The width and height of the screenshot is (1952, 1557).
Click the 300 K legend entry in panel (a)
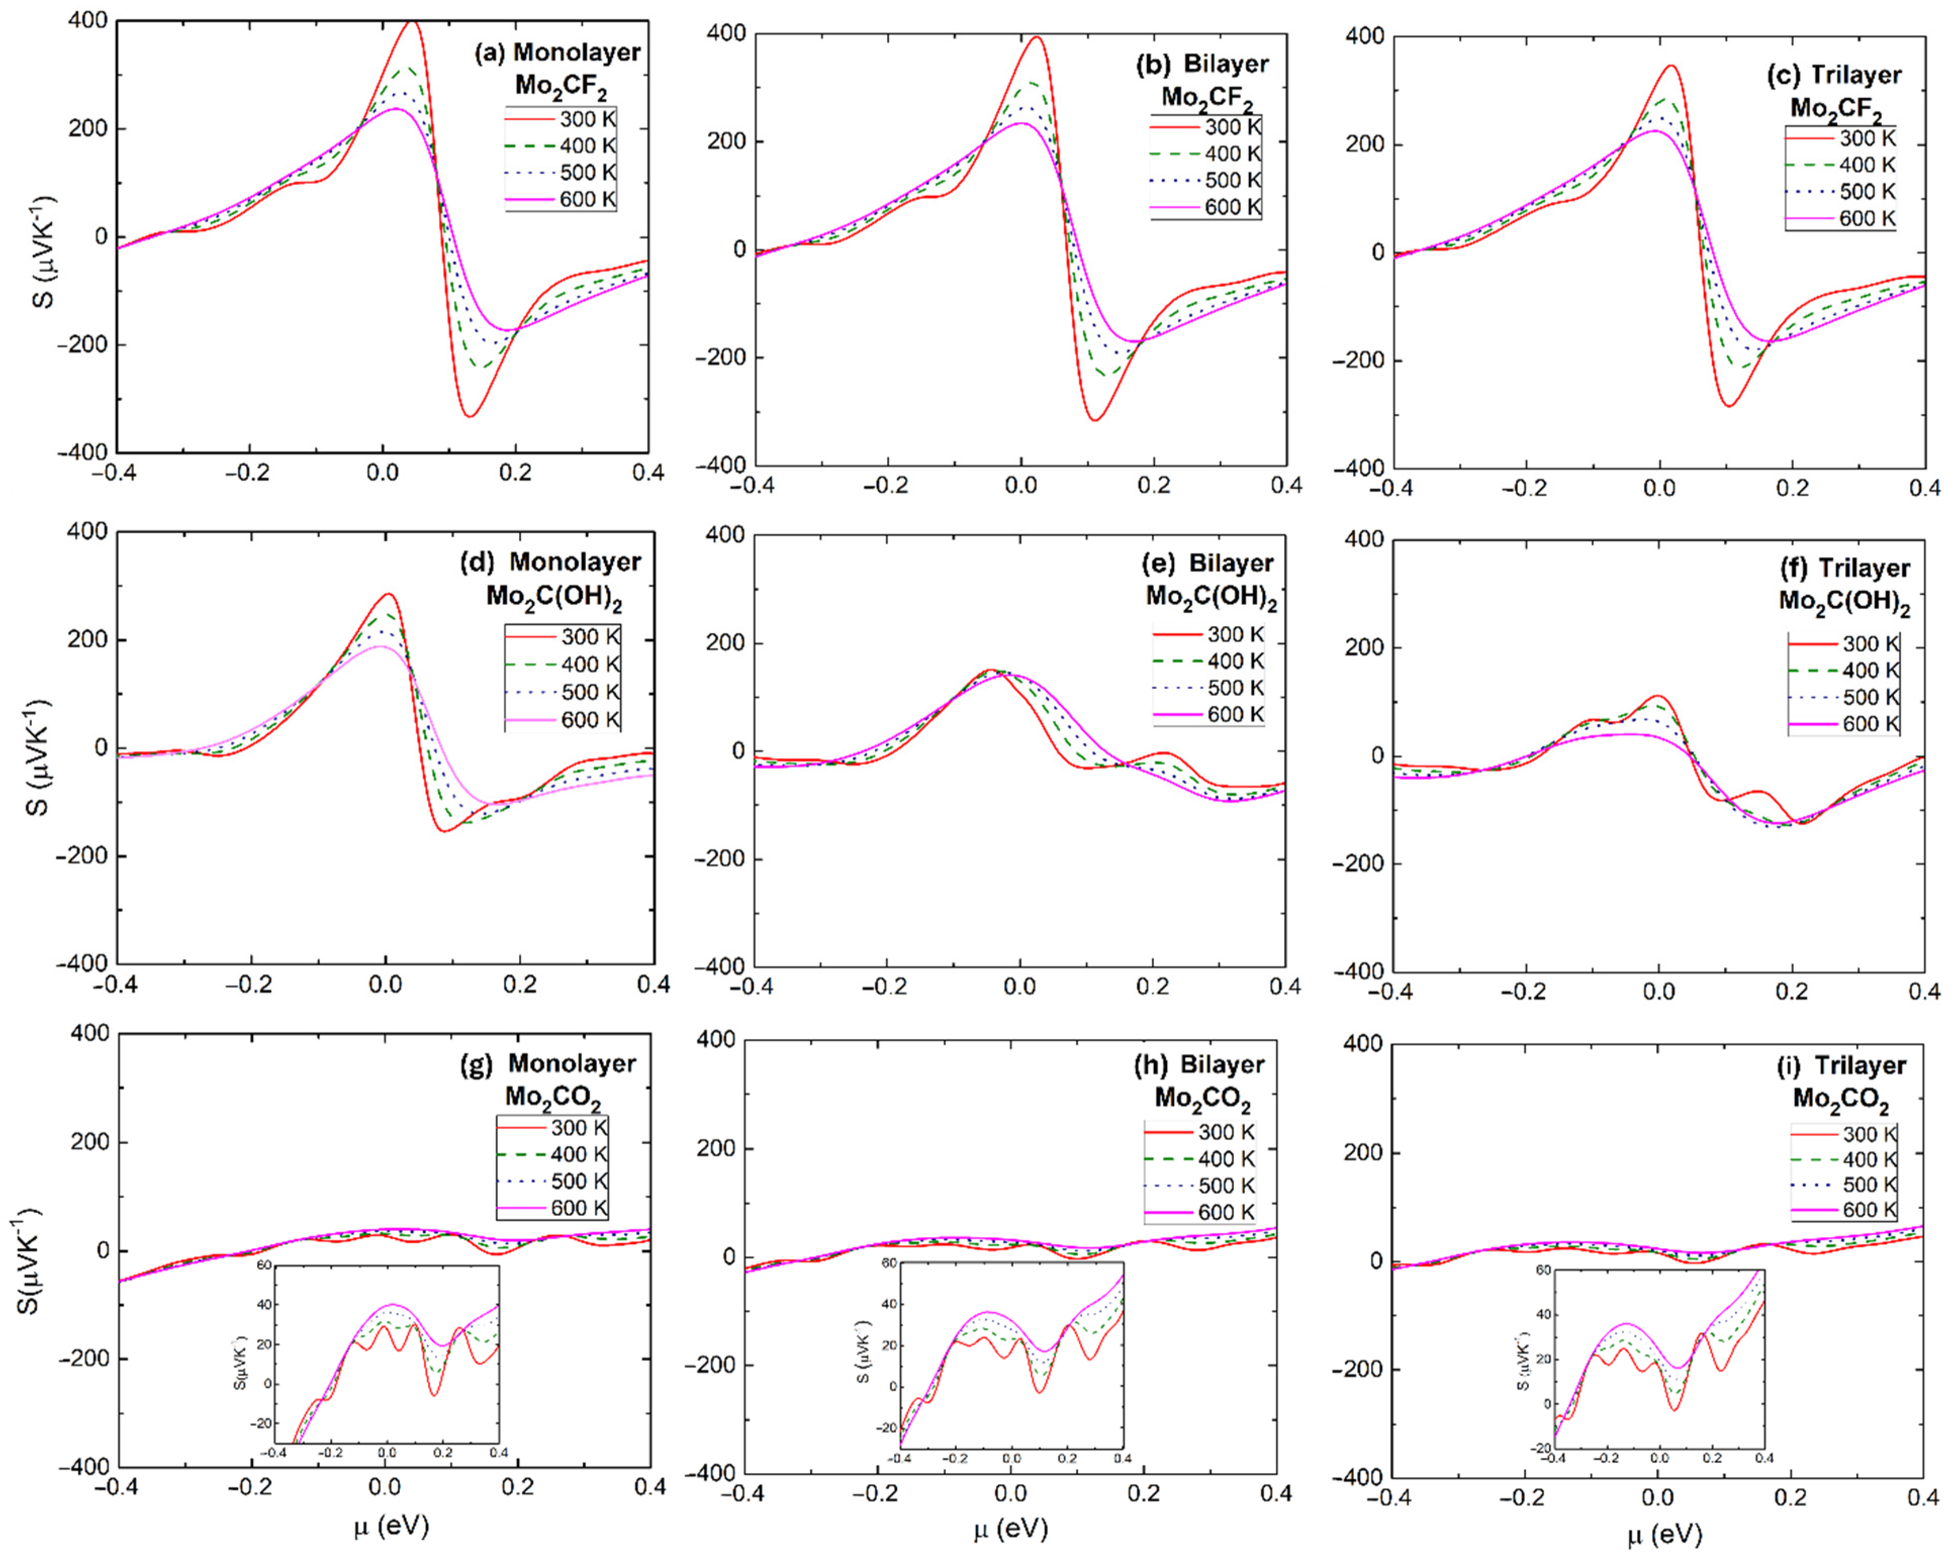(x=562, y=119)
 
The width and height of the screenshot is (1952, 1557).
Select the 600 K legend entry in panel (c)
(x=1841, y=218)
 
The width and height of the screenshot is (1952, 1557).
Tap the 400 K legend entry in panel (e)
(x=1209, y=661)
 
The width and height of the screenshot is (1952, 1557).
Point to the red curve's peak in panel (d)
(x=388, y=595)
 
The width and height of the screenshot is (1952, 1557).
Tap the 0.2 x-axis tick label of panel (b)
(x=1153, y=486)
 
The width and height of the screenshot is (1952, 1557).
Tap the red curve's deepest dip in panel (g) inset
(x=435, y=1395)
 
